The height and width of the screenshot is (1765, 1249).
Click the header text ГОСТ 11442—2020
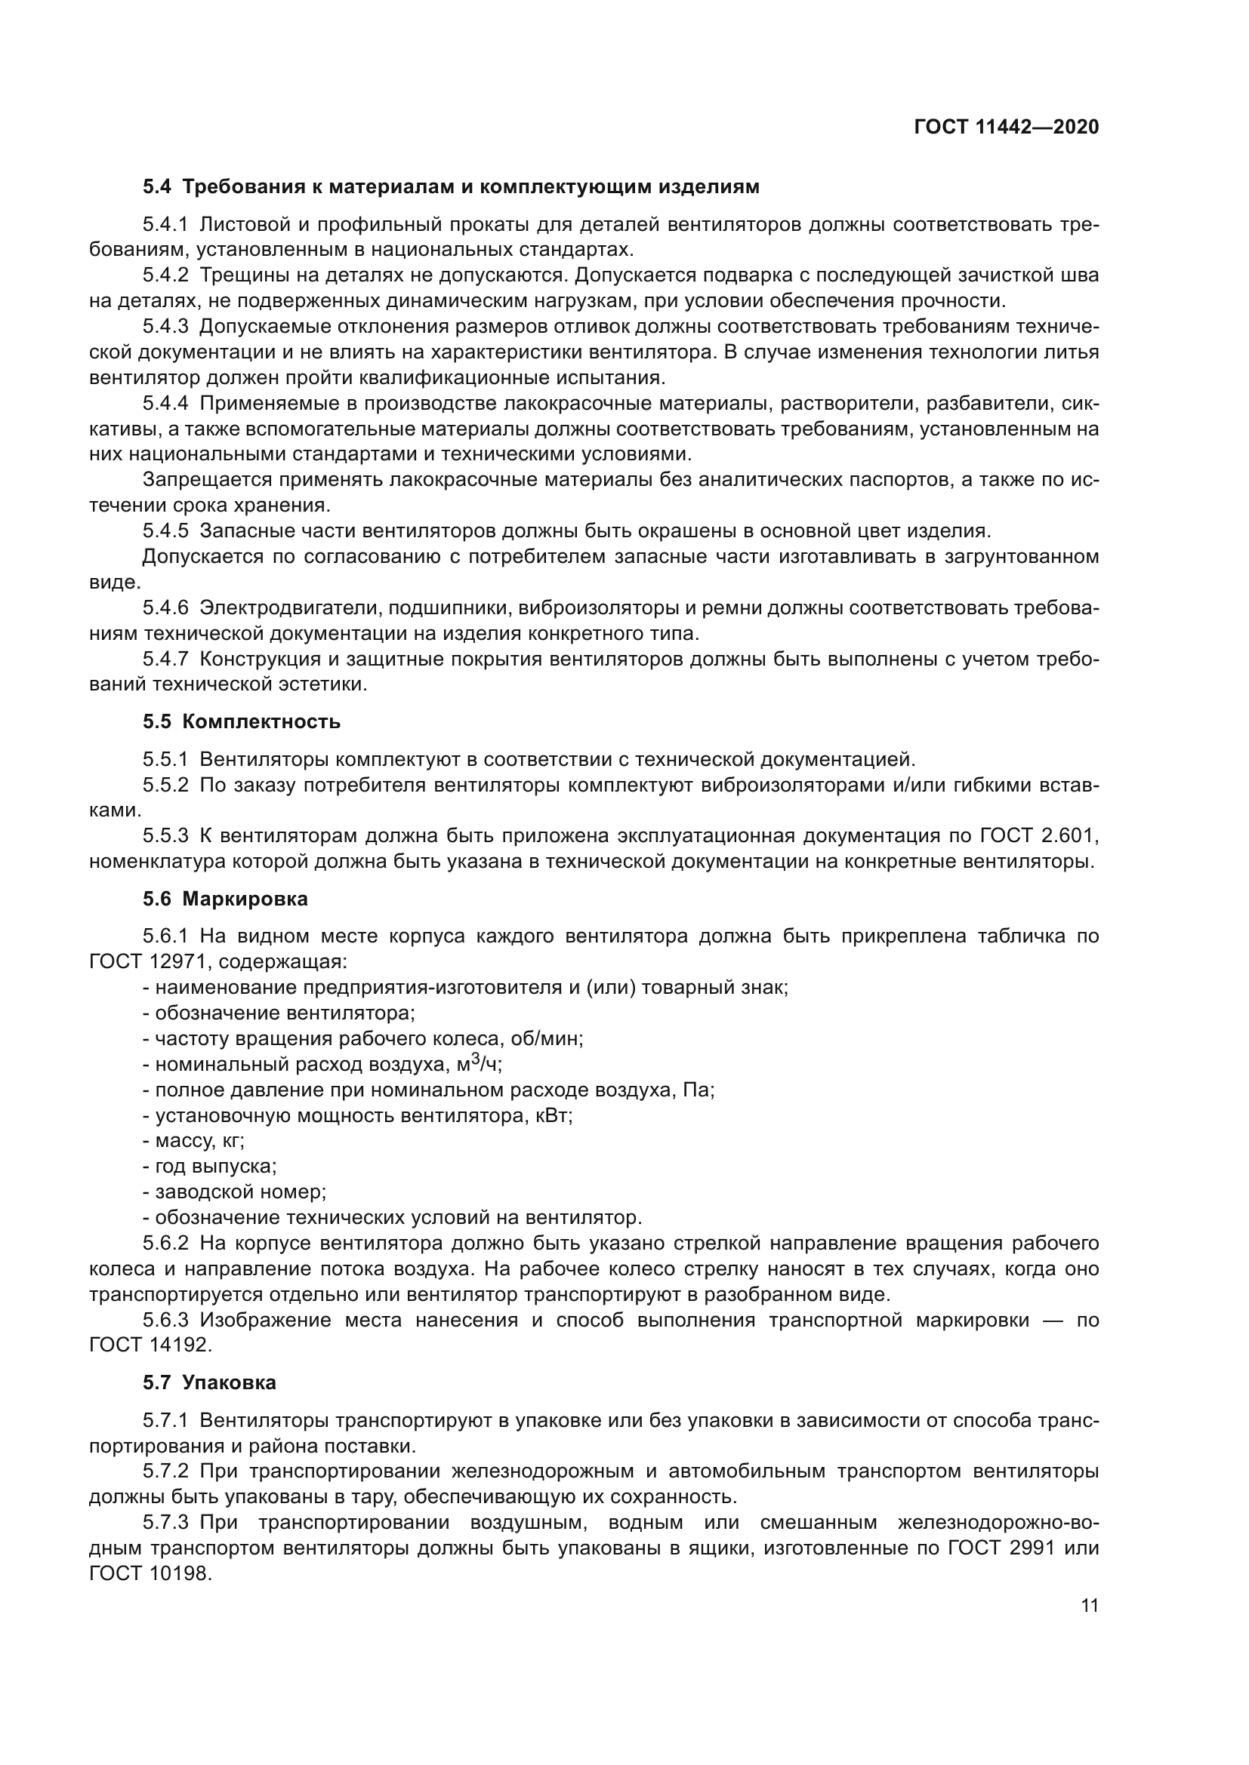(x=1006, y=128)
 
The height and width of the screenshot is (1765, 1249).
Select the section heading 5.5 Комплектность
(x=242, y=722)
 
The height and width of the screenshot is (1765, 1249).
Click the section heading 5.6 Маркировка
(x=225, y=899)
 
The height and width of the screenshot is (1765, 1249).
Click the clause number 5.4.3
(x=165, y=327)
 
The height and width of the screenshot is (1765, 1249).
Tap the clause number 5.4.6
(x=165, y=608)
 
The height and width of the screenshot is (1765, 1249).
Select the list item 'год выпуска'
(x=210, y=1166)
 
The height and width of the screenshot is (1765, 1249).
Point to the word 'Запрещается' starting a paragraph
(x=207, y=481)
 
